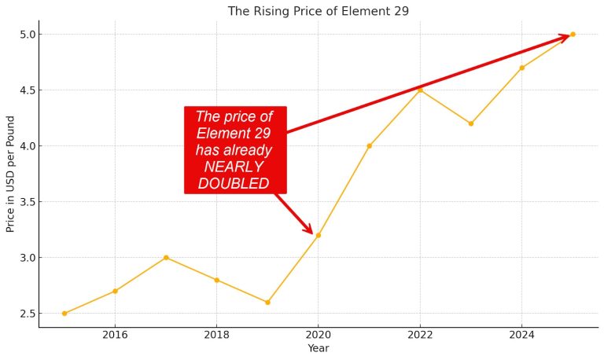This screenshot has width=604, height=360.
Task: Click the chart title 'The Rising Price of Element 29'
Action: (x=318, y=11)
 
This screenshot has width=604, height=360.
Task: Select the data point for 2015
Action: (x=64, y=314)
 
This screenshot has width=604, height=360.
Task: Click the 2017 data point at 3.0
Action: (x=166, y=258)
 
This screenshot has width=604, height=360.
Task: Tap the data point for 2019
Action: (x=267, y=303)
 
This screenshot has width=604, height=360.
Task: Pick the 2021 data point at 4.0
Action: (x=369, y=146)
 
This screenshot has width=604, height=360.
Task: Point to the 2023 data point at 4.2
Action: (x=471, y=123)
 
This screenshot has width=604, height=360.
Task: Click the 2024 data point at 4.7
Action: (x=521, y=68)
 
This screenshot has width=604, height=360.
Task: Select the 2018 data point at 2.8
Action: (x=216, y=280)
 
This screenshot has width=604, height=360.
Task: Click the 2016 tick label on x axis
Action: (x=115, y=334)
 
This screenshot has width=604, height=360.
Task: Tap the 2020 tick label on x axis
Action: (x=318, y=334)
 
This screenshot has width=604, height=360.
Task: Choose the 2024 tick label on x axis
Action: (x=521, y=334)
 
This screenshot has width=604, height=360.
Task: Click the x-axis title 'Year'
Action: (x=318, y=348)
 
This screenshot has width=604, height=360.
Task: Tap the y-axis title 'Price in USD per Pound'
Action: (x=11, y=174)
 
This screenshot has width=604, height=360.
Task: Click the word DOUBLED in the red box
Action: (x=234, y=184)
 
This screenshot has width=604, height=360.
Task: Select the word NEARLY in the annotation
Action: (x=234, y=167)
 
